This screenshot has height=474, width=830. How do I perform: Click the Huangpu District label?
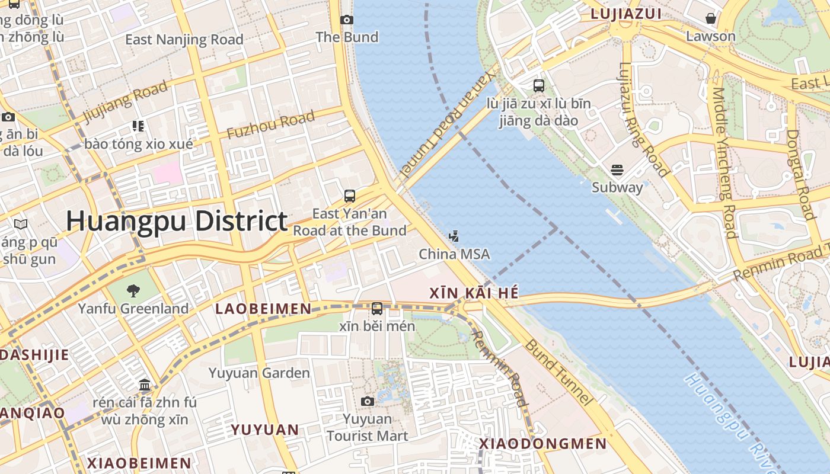tap(177, 221)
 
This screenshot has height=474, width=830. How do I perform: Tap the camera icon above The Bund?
tap(347, 20)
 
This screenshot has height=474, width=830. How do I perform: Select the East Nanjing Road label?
tap(184, 40)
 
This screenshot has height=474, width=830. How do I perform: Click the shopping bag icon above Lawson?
tap(710, 19)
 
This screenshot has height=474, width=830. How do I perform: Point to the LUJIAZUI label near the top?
tap(625, 14)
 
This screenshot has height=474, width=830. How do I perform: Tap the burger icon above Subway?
tap(617, 171)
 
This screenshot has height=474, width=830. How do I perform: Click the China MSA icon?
tap(454, 237)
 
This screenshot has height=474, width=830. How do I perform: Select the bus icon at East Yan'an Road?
tap(350, 196)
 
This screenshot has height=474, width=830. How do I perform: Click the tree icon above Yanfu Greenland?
tap(133, 290)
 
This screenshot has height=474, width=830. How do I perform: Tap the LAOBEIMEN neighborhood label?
tap(263, 309)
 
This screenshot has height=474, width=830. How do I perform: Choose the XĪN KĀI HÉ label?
tap(474, 293)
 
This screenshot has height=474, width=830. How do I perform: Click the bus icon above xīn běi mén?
tap(377, 309)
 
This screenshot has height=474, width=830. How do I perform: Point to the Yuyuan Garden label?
tap(259, 373)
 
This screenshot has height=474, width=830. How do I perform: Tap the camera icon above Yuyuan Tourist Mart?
tap(367, 402)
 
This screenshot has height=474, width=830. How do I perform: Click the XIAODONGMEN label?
tap(542, 444)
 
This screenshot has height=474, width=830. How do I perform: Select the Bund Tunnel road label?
tap(558, 372)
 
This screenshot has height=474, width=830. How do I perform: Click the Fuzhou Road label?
tap(271, 125)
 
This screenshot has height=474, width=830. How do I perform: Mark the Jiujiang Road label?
tap(125, 101)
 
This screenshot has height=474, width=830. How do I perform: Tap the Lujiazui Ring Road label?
tap(643, 118)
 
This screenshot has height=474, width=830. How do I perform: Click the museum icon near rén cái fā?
tap(145, 386)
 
